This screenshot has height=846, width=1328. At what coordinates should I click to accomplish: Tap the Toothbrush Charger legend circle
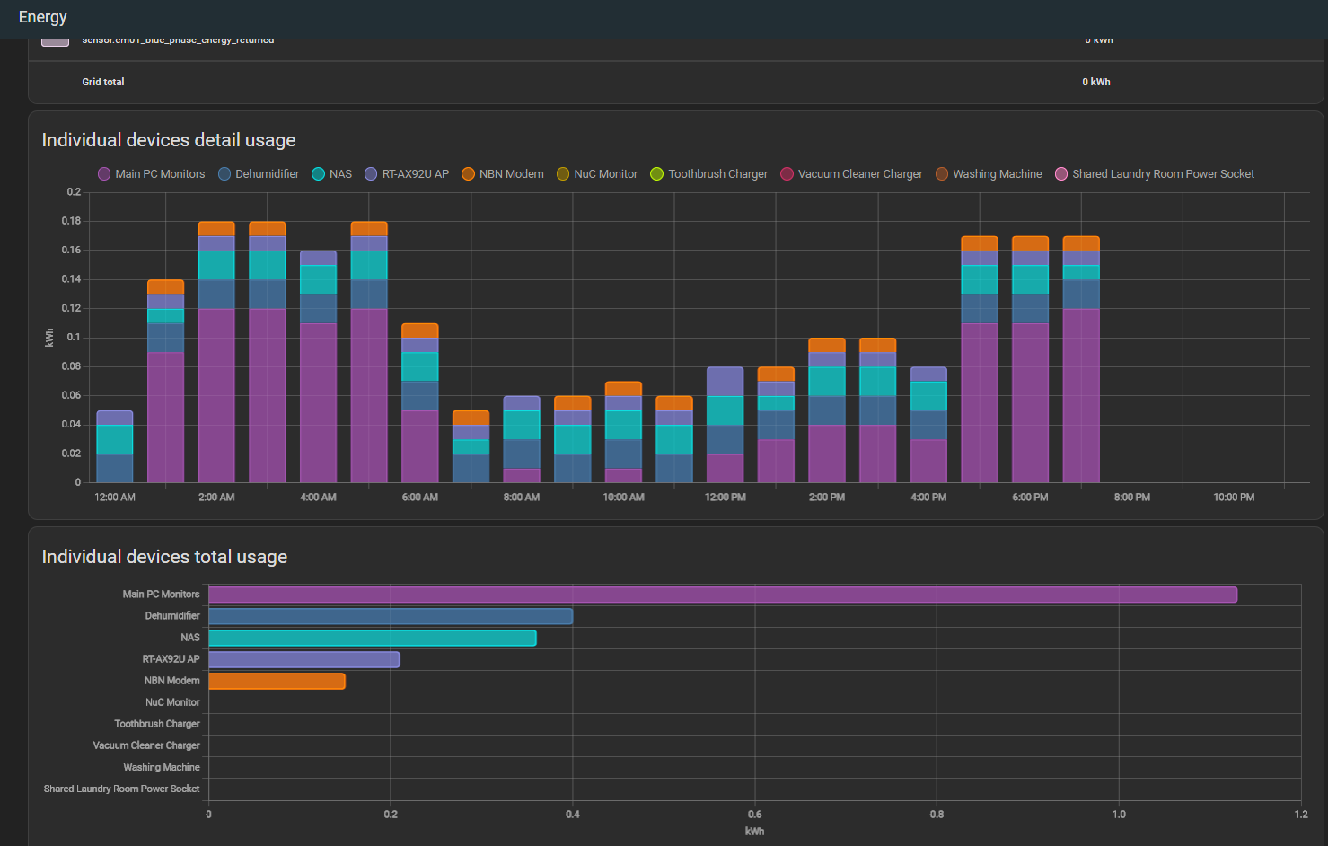[657, 174]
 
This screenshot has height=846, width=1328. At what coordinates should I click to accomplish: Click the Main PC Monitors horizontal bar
[722, 595]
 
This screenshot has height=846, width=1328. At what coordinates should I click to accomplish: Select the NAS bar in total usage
[372, 638]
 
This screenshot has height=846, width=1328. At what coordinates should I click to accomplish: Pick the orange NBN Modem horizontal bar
[277, 681]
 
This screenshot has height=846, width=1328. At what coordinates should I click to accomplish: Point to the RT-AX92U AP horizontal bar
[303, 659]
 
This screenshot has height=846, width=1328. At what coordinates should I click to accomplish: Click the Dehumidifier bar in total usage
[390, 616]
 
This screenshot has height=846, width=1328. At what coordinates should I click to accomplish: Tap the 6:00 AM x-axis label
[419, 498]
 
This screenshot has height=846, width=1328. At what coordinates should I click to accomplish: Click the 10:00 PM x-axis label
[1234, 498]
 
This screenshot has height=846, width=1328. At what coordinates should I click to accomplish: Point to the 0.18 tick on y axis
[71, 221]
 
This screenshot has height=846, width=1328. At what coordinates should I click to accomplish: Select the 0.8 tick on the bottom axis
[937, 815]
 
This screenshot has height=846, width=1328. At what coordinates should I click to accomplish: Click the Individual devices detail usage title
[169, 140]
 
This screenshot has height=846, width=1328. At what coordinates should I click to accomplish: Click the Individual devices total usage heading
[164, 557]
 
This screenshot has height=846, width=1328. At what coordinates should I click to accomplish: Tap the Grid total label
[103, 82]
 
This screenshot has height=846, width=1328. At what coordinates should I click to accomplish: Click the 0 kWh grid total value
[1095, 82]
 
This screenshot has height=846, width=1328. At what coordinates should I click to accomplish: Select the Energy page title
[42, 17]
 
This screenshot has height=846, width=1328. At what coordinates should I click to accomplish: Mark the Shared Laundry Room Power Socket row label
[121, 789]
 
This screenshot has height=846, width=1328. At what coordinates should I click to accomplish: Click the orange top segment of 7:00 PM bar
[1081, 243]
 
